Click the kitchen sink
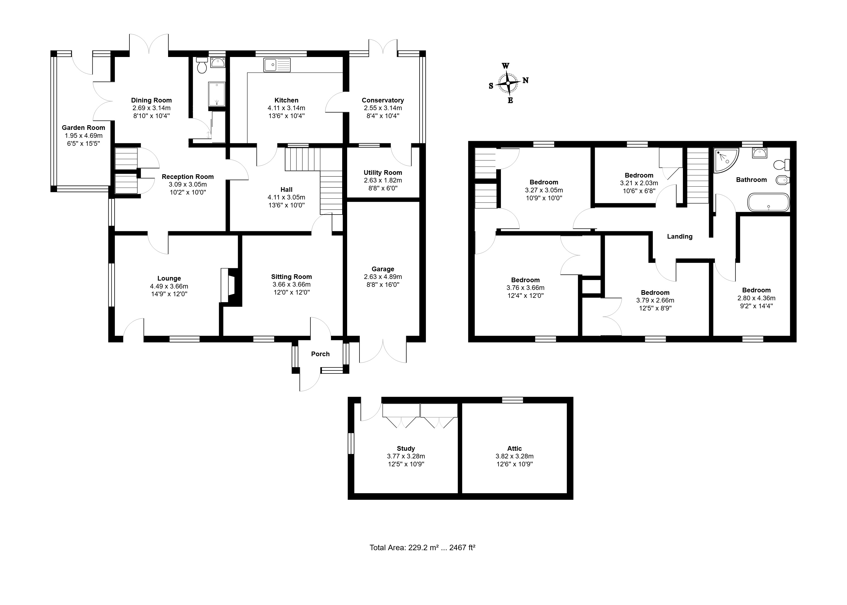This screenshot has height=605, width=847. [x=277, y=65]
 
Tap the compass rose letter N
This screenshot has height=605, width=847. [x=525, y=80]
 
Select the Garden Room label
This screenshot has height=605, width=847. [x=84, y=127]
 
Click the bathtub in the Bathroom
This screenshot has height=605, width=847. [x=769, y=202]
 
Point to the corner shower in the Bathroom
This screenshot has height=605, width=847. [x=725, y=161]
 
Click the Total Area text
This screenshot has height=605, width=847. [x=422, y=548]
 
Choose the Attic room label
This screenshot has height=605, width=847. [x=514, y=449]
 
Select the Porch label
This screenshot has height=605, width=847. [x=321, y=354]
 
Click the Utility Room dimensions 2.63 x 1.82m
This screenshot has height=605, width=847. [x=383, y=180]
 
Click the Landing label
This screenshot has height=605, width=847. [x=680, y=236]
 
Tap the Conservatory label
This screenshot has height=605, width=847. [x=383, y=100]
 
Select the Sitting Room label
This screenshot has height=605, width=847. [x=291, y=277]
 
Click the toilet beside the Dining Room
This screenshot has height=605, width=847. [x=202, y=65]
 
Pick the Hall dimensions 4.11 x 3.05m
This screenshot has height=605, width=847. [x=286, y=198]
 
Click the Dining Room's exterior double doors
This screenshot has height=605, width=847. [x=149, y=44]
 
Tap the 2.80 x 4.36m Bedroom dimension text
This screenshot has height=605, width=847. [x=757, y=298]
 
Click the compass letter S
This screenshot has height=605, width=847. [x=491, y=86]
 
